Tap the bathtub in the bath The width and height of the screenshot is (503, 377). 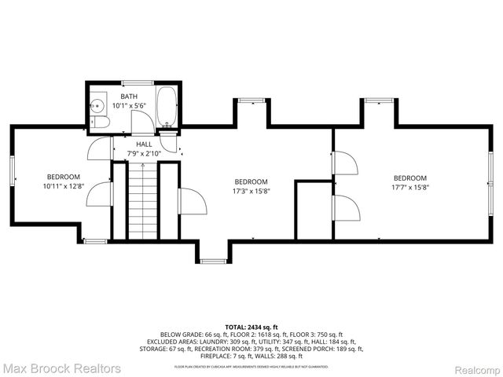click(167, 105)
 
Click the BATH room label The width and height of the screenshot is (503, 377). click(129, 96)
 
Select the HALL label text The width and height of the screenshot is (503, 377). click(144, 145)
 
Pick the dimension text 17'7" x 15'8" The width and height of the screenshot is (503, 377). click(410, 187)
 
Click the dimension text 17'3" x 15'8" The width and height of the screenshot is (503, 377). click(251, 191)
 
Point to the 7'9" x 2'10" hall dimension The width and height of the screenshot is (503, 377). click(144, 154)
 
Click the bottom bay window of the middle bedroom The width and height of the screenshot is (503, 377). click(212, 260)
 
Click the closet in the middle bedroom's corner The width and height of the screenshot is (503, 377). click(312, 210)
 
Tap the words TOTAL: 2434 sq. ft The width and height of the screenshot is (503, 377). click(251, 327)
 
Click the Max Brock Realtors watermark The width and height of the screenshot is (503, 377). click(61, 368)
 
